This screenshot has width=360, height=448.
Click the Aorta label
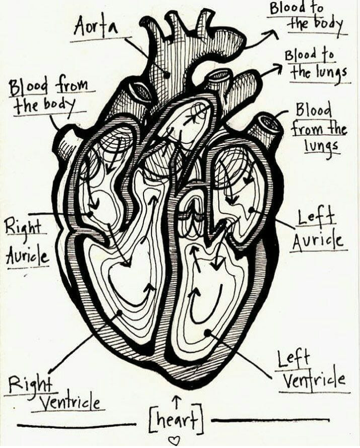[x=96, y=25]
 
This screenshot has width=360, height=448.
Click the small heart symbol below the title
[x=174, y=440]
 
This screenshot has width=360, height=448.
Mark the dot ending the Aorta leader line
[x=166, y=75]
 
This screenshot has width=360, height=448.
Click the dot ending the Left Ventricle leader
[x=208, y=333]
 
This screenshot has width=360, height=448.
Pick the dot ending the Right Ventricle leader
[x=119, y=313]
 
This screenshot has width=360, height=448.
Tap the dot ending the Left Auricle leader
[x=250, y=210]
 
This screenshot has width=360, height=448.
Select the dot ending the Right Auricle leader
[x=90, y=214]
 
